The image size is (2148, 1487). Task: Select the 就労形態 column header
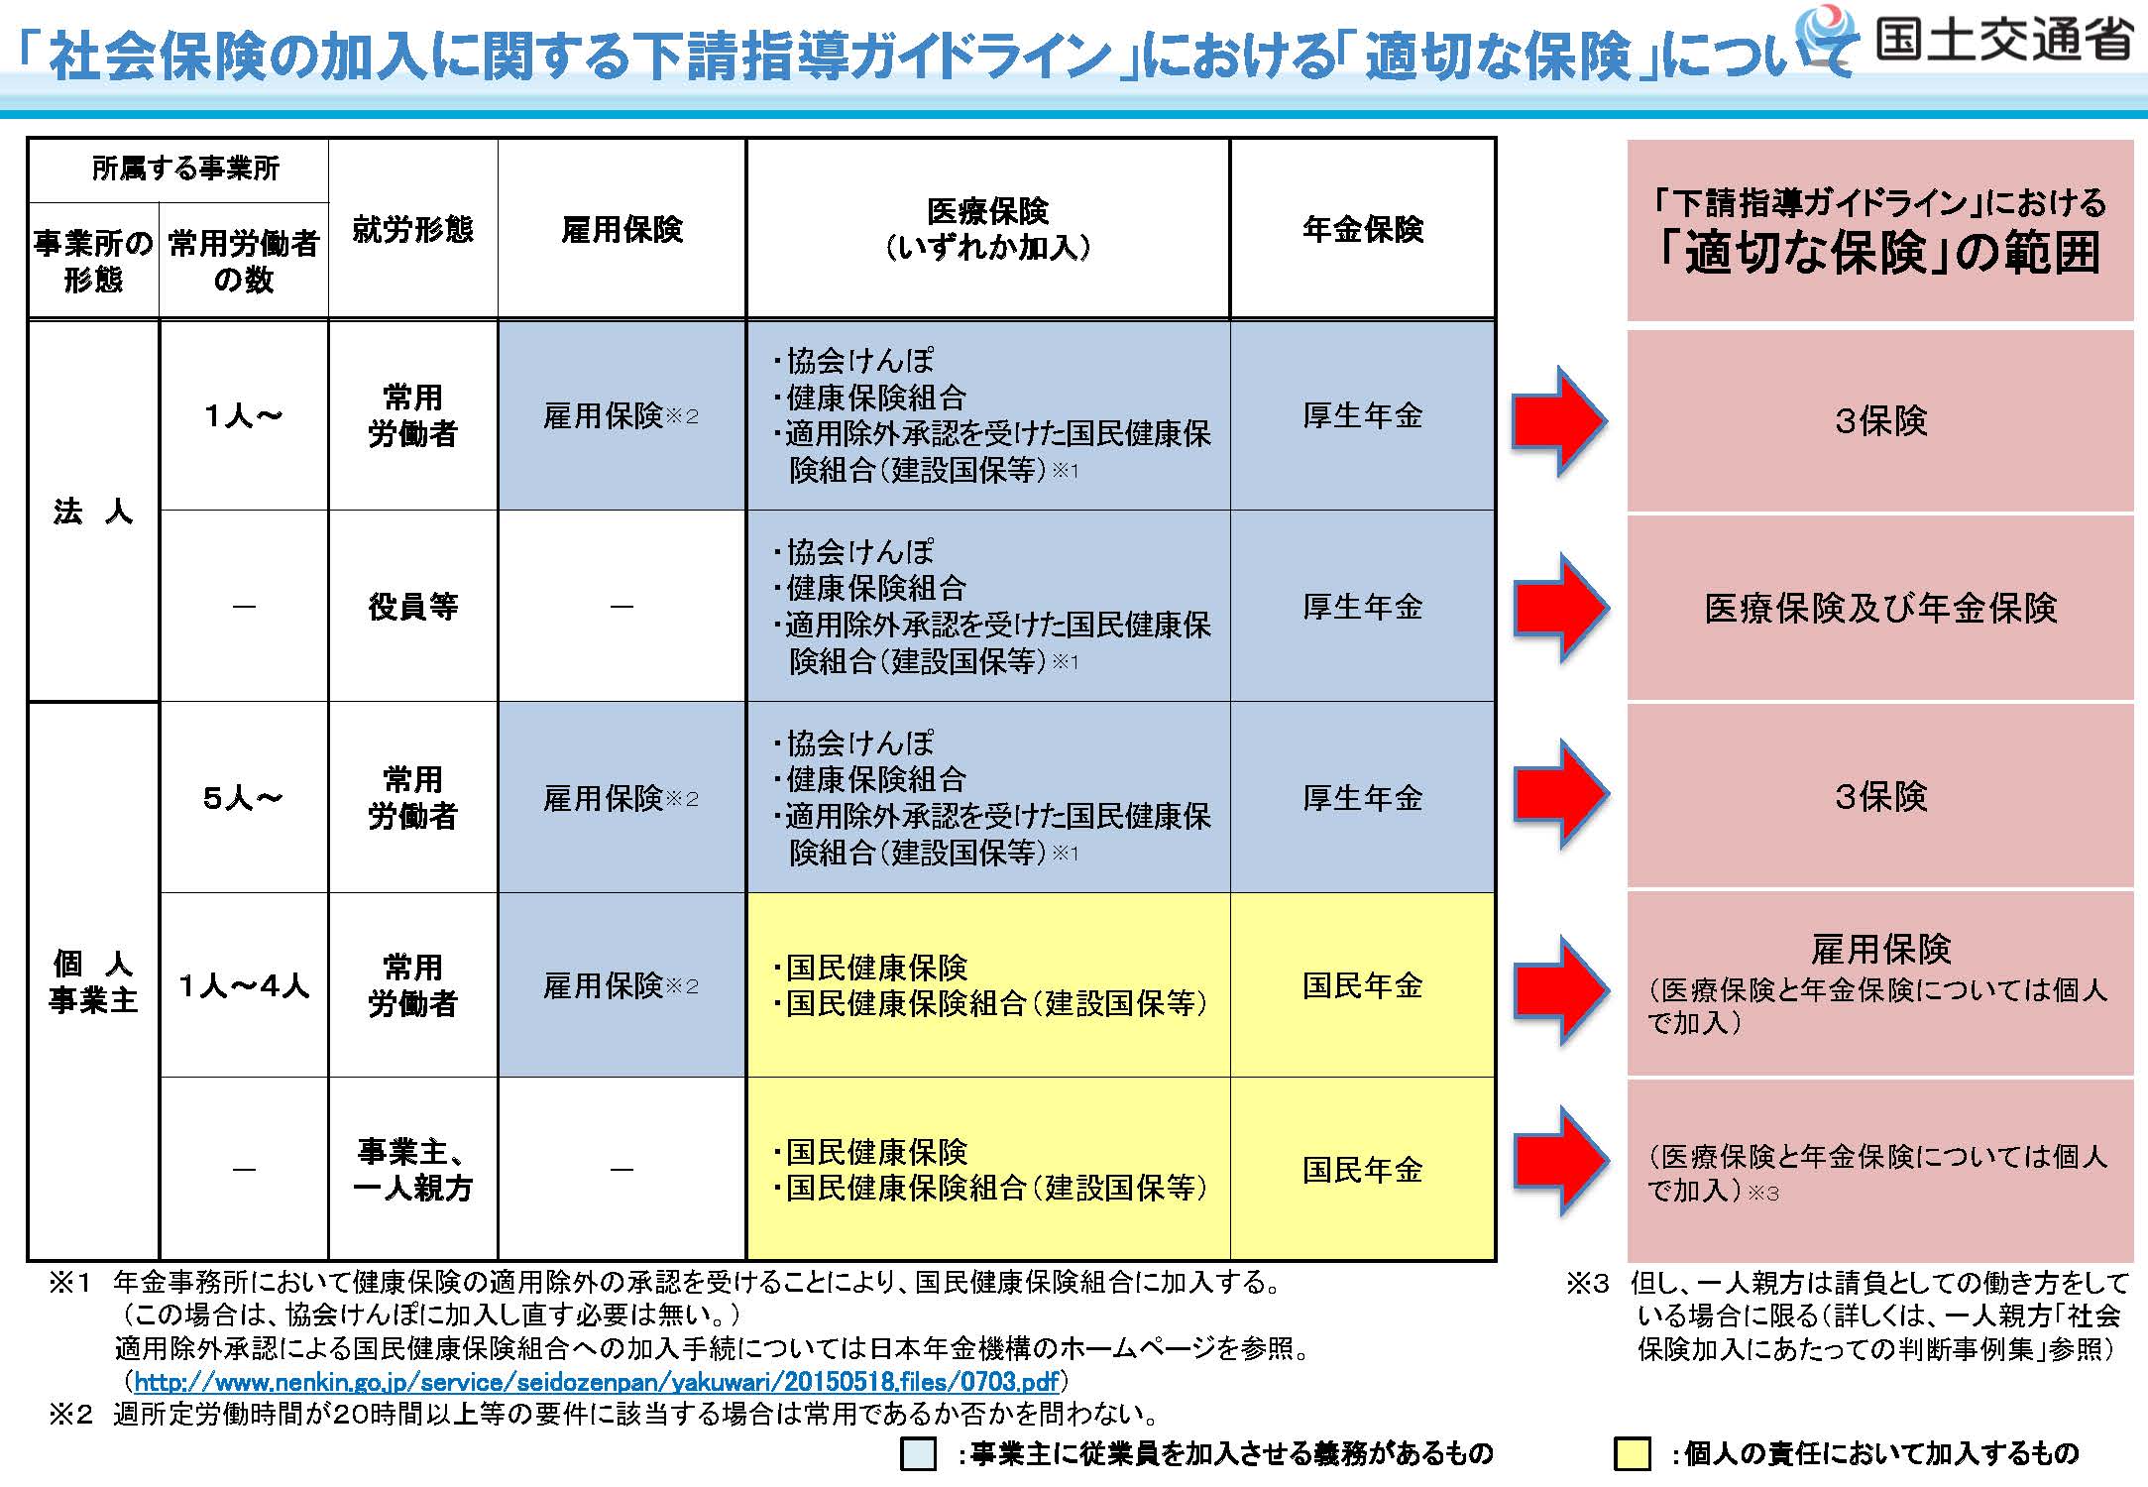pos(412,229)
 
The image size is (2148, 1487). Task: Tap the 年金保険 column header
pos(1363,229)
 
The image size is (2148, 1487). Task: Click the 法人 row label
pos(93,511)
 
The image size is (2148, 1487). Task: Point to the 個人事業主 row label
pos(93,981)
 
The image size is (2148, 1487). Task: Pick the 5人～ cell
pos(243,797)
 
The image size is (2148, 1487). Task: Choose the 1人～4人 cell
pos(244,985)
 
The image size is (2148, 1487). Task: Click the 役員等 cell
pos(412,606)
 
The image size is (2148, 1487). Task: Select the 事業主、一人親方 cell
pos(412,1170)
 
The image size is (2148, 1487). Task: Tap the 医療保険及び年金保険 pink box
pos(1880,608)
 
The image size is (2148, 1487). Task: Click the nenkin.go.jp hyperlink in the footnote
pos(597,1381)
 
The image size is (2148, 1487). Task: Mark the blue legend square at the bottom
pos(918,1454)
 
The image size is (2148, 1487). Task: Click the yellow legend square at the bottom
pos(1633,1454)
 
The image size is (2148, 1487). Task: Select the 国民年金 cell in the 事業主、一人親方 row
pos(1363,1170)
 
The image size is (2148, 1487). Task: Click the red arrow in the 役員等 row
pos(1559,608)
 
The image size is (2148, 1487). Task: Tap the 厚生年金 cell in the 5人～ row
pos(1363,797)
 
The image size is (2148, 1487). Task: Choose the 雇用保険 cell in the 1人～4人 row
pos(621,985)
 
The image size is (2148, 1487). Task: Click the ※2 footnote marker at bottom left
pos(70,1414)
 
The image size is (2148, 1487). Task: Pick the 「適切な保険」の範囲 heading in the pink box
pos(1880,252)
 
